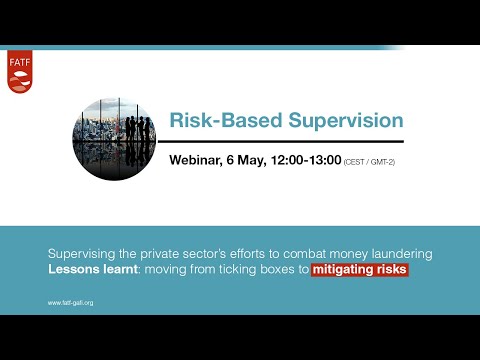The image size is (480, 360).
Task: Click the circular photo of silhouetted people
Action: [113, 139]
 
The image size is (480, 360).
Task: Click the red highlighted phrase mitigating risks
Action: [360, 270]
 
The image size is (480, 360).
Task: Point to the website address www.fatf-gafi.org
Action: [73, 302]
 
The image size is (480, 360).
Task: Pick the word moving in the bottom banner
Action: [163, 270]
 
